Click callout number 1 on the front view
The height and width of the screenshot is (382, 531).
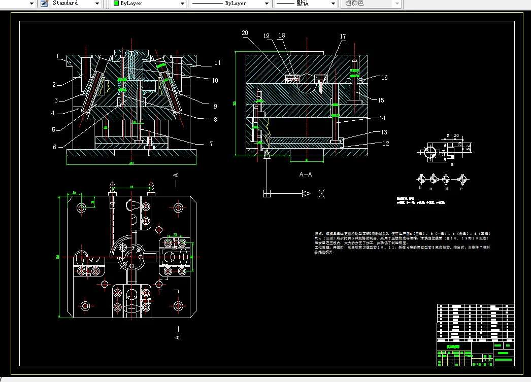click(x=58, y=56)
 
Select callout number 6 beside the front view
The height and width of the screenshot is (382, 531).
click(x=54, y=147)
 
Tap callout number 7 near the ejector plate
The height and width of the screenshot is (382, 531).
click(x=211, y=144)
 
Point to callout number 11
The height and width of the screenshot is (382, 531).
click(x=218, y=63)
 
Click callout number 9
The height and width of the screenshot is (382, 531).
click(x=215, y=107)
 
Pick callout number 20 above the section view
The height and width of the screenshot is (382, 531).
click(x=245, y=33)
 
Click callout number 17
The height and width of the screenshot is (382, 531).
click(x=343, y=37)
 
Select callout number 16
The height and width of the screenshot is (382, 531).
click(x=384, y=78)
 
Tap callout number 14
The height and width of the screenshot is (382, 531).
click(x=382, y=118)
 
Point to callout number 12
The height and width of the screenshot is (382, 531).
click(x=386, y=144)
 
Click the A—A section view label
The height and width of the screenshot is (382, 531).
click(x=306, y=174)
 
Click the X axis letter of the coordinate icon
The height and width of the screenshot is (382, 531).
click(x=321, y=193)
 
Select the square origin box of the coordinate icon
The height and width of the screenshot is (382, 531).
click(x=268, y=193)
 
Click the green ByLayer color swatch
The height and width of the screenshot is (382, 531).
click(x=116, y=3)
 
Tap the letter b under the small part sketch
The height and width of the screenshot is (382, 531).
click(x=420, y=188)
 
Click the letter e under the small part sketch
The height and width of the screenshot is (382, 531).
click(x=461, y=188)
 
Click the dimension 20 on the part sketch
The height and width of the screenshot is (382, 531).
click(x=456, y=136)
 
